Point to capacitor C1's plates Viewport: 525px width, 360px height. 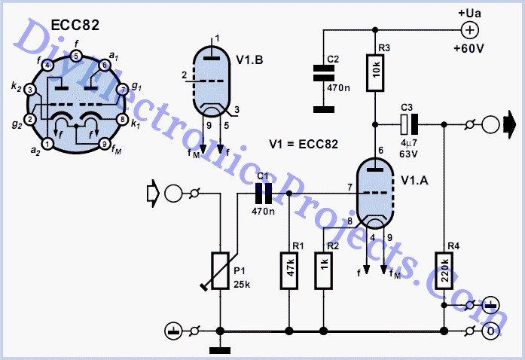pyautogui.click(x=263, y=194)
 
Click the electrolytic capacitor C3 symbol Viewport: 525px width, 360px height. pyautogui.click(x=409, y=124)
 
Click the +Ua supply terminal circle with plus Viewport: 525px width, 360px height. pyautogui.click(x=469, y=30)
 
